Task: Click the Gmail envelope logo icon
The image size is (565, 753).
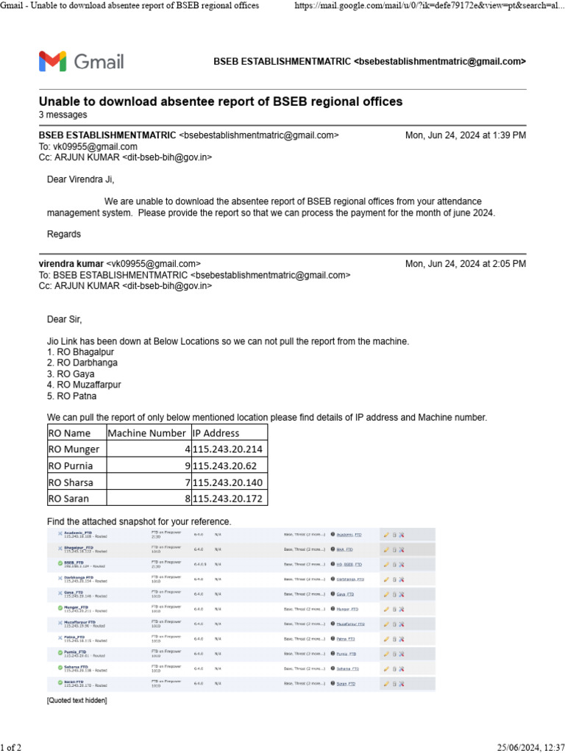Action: (x=52, y=61)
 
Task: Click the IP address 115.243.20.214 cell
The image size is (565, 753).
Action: (x=227, y=449)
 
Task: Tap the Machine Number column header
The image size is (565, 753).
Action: (x=148, y=432)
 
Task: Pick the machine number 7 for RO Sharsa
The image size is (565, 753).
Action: (x=187, y=482)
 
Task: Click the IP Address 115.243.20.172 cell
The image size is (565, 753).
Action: (x=227, y=499)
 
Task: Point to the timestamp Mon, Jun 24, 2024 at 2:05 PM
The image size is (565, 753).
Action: (x=465, y=264)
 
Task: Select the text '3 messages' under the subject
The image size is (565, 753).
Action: (x=63, y=115)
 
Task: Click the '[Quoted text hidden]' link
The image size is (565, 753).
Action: (x=77, y=701)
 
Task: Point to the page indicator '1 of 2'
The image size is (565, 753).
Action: (x=11, y=748)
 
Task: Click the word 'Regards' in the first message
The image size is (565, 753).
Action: (x=64, y=235)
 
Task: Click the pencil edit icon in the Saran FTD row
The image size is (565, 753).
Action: (x=386, y=683)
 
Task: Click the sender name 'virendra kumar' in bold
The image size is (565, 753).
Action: (x=71, y=264)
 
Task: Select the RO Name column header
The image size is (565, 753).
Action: (x=69, y=432)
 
